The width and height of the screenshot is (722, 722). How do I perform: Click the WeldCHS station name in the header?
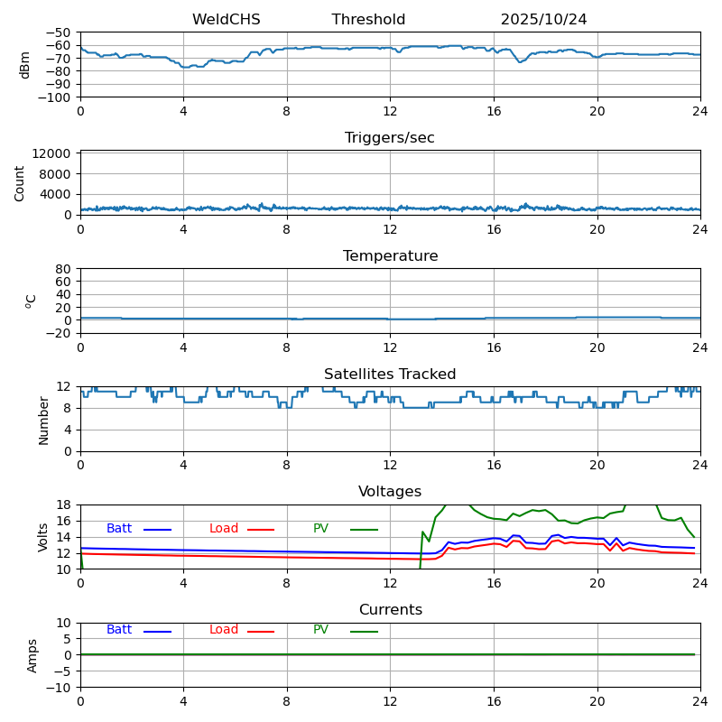[226, 20]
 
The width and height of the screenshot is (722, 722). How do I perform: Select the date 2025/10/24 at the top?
[543, 20]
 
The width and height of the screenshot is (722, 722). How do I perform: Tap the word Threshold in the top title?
[368, 20]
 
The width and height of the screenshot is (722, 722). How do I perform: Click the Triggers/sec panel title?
[390, 138]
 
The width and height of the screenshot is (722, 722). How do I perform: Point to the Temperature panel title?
[390, 256]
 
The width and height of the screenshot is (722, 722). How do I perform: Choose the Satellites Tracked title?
[390, 375]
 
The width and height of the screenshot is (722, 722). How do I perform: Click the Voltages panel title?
[390, 492]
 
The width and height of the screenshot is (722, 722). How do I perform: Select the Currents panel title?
[390, 610]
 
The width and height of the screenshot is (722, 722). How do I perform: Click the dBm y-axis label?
[25, 64]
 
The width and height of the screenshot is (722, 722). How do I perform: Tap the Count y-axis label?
[20, 182]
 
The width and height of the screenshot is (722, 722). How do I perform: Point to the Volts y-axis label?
[43, 537]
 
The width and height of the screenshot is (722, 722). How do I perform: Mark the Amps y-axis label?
[32, 655]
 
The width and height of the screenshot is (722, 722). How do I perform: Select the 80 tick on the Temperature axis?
[64, 269]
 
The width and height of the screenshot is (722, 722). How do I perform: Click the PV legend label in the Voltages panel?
[320, 529]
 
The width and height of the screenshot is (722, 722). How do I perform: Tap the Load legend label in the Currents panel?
[224, 630]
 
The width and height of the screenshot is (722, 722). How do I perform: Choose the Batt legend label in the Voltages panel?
[119, 529]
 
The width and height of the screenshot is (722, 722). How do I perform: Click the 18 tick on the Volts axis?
[64, 505]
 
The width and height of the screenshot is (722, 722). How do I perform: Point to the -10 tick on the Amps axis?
[60, 688]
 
